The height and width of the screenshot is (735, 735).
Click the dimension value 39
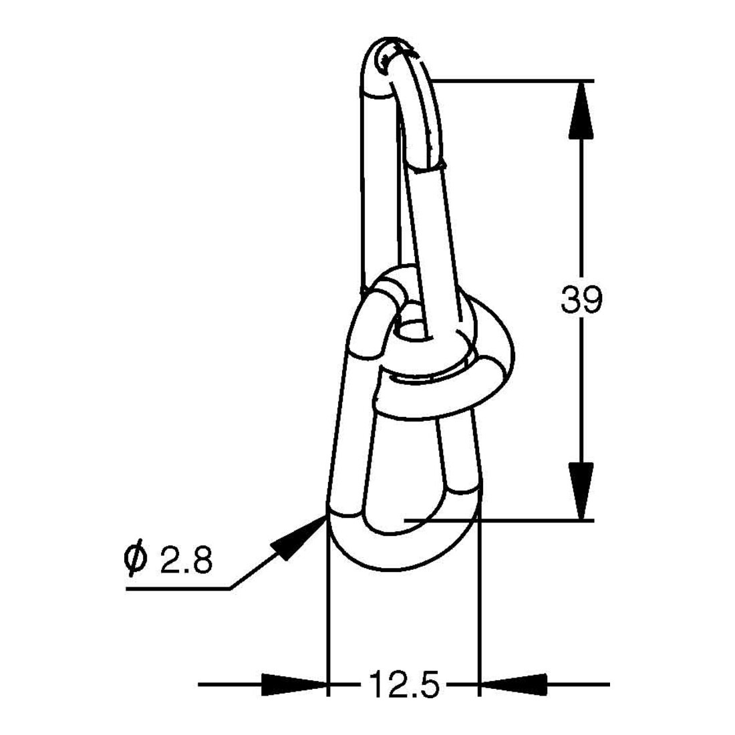(x=581, y=299)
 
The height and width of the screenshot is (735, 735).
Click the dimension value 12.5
(x=405, y=684)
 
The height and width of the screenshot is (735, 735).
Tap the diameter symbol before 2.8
(x=136, y=559)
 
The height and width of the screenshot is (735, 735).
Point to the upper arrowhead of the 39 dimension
(x=581, y=110)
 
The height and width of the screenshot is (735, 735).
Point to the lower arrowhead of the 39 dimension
(x=581, y=491)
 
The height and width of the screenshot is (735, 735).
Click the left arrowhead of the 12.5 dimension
(x=294, y=684)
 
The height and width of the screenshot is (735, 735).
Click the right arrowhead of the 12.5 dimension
(x=512, y=684)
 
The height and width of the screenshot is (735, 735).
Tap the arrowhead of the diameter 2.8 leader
(x=298, y=537)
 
